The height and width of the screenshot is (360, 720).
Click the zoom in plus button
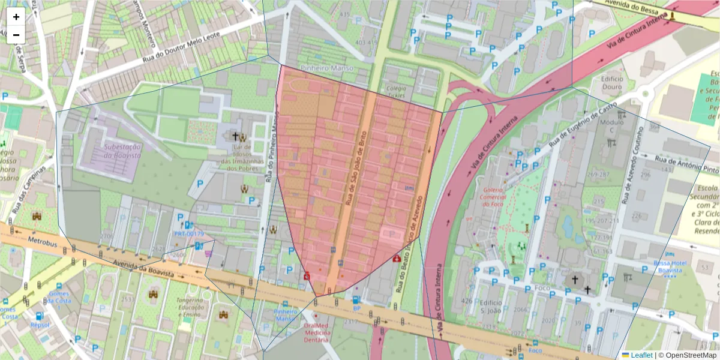16,17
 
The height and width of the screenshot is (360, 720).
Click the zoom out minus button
16,35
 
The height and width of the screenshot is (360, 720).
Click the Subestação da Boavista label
122,151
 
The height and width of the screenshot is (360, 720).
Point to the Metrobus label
43,241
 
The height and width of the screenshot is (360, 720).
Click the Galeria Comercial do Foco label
493,197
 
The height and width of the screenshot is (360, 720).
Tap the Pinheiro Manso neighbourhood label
327,68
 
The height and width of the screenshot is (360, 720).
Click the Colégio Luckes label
396,91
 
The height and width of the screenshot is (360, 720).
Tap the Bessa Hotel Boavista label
671,266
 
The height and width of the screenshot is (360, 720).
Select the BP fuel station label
356,308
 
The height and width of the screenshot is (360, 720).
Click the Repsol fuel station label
40,325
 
